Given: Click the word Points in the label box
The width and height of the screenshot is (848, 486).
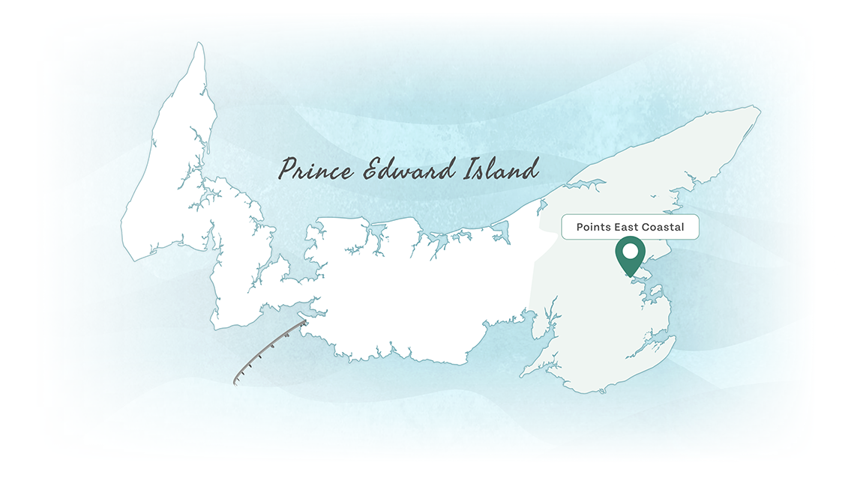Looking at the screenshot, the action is (x=593, y=227).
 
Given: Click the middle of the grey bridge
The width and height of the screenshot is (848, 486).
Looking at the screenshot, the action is (x=268, y=350).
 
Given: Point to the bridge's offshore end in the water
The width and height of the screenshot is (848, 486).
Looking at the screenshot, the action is (x=235, y=382).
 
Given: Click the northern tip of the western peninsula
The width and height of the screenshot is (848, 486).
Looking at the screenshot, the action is (x=199, y=44).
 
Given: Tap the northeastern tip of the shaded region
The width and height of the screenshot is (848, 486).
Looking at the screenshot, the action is (x=759, y=109).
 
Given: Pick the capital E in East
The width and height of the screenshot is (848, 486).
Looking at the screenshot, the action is (x=617, y=227).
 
